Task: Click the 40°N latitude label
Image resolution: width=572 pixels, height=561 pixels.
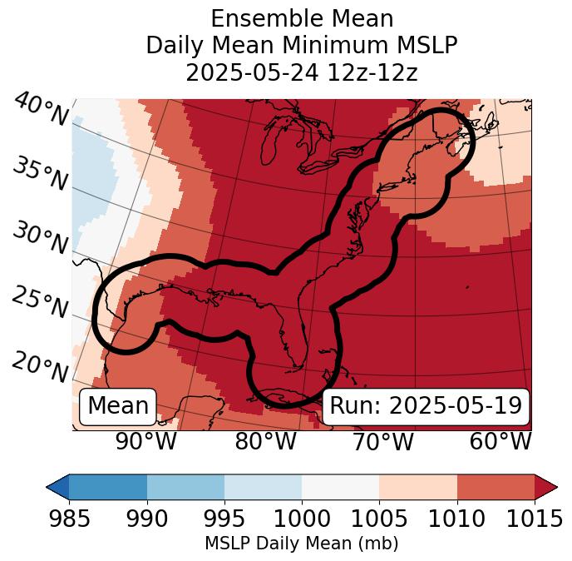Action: tap(40, 110)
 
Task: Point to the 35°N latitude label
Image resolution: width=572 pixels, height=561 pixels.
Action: tap(40, 173)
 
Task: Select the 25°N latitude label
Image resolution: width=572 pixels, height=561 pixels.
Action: tap(40, 302)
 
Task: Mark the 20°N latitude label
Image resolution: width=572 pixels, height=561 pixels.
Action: tap(40, 366)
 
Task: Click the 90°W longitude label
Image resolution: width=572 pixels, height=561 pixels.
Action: tap(146, 441)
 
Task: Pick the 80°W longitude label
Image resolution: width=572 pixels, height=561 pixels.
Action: tap(265, 441)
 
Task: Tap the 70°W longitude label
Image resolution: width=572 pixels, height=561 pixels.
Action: tap(382, 441)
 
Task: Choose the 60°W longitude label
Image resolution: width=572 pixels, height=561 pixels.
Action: tap(500, 441)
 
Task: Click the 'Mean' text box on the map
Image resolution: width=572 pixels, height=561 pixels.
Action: tap(118, 406)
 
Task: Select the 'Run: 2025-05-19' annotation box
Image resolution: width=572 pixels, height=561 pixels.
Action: tap(426, 406)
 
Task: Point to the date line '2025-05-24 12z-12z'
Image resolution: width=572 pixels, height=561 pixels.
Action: tap(302, 72)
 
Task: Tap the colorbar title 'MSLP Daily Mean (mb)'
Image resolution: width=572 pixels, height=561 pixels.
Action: tap(302, 544)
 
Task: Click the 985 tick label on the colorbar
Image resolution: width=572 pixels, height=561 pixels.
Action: tap(69, 519)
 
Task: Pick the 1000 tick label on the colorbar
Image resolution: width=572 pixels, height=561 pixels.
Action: tap(302, 519)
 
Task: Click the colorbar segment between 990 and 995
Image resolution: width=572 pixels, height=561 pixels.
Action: tap(185, 486)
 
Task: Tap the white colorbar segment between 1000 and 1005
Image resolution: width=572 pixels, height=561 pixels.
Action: tap(340, 486)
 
